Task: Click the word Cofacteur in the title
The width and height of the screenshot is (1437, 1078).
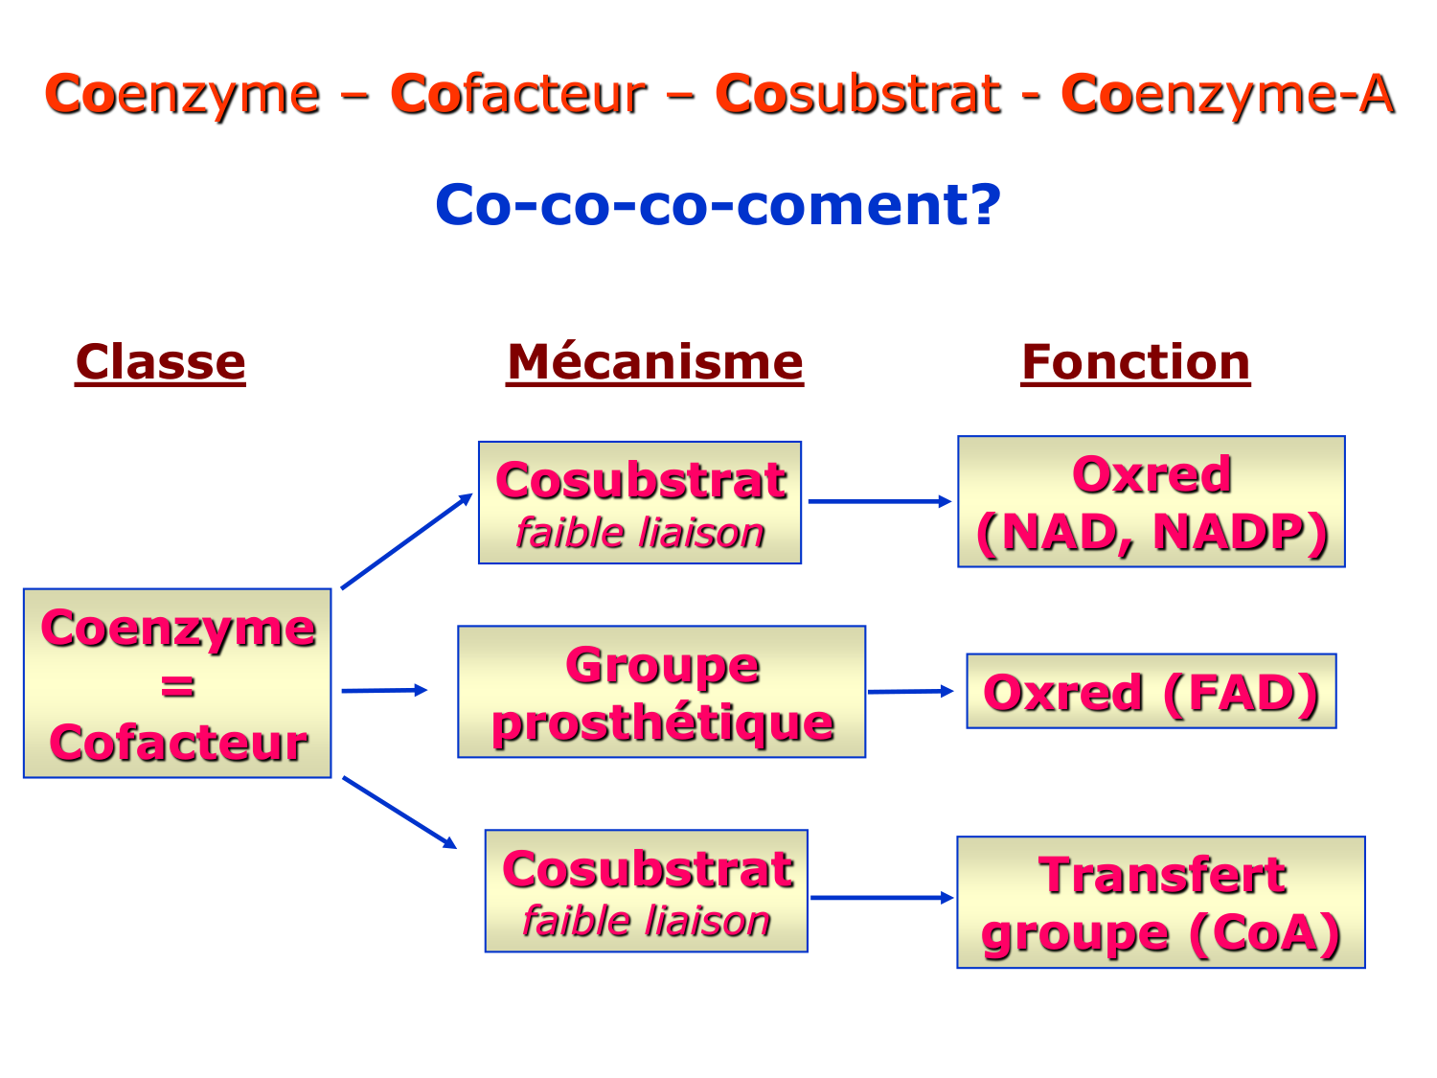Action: (x=518, y=95)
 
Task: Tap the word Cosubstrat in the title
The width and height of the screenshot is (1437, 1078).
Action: (x=857, y=95)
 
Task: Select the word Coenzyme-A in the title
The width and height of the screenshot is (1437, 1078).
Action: (x=1227, y=95)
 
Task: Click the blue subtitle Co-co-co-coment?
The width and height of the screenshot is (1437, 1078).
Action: (x=718, y=205)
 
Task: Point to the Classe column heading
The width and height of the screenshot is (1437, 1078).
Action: (x=161, y=363)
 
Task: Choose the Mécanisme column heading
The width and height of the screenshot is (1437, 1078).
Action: (x=654, y=363)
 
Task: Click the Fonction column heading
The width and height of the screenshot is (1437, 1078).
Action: (x=1135, y=363)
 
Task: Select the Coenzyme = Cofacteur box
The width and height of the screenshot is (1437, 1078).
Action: (x=177, y=682)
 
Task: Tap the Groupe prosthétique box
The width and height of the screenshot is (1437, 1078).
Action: (x=661, y=692)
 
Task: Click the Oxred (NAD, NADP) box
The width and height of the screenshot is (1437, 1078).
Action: (x=1152, y=502)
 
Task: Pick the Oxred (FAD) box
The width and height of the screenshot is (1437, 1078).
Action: (x=1152, y=692)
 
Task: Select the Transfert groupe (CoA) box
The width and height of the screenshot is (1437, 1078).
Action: (x=1161, y=903)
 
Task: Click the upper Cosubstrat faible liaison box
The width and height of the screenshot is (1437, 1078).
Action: (x=640, y=503)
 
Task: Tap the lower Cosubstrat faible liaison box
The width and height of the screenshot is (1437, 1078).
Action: (x=647, y=891)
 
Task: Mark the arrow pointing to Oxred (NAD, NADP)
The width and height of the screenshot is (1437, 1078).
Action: (x=879, y=501)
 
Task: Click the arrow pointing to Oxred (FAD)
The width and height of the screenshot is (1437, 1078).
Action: (x=910, y=691)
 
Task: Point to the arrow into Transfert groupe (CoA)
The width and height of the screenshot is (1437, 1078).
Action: (x=881, y=898)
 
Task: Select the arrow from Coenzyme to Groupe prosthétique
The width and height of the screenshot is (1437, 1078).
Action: (x=383, y=690)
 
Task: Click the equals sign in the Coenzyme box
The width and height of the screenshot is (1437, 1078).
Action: (x=178, y=686)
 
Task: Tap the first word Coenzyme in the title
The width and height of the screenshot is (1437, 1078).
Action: (x=182, y=95)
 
